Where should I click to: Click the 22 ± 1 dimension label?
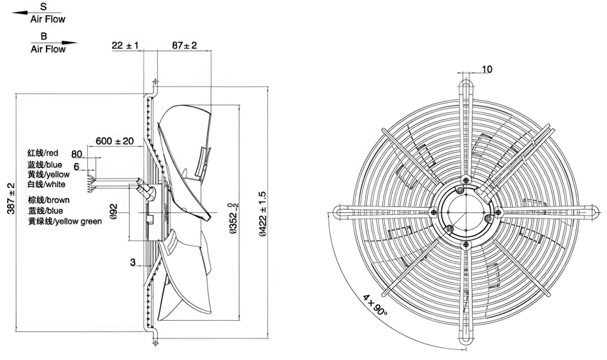pos(125,45)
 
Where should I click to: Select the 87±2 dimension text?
pos(184,45)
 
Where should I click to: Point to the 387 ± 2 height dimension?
pos(11,198)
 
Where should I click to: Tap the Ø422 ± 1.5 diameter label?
pos(263,214)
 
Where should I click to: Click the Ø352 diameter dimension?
pos(233,218)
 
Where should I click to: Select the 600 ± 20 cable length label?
pos(114,141)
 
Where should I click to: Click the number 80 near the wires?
pos(76,154)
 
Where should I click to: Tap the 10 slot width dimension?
pos(487,69)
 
